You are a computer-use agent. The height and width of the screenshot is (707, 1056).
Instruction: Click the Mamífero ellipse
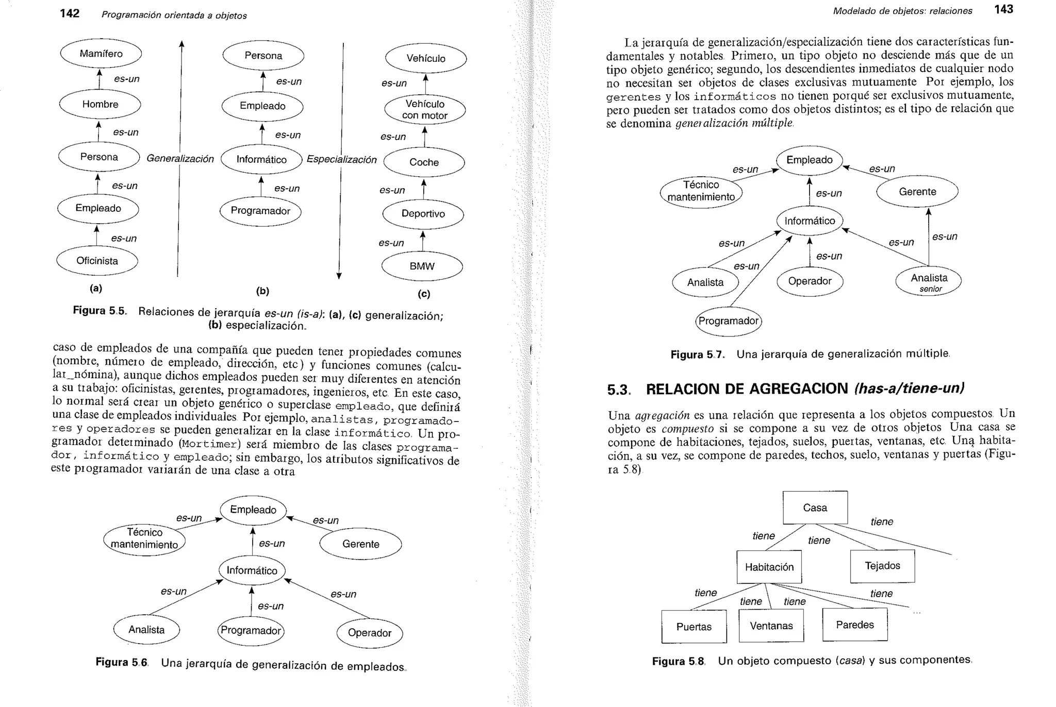click(x=101, y=54)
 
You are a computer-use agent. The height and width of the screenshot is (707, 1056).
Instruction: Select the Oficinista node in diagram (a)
click(x=97, y=261)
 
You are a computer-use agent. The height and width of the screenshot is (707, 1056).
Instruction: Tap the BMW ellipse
click(x=422, y=266)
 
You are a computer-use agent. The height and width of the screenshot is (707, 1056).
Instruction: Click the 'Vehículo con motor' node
click(x=425, y=110)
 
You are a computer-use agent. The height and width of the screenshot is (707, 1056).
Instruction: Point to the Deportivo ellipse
click(x=423, y=214)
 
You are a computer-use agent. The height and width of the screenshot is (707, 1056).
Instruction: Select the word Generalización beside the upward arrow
click(x=180, y=159)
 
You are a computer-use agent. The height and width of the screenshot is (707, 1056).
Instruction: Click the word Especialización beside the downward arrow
click(x=341, y=160)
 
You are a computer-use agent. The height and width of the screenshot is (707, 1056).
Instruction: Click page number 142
click(x=70, y=13)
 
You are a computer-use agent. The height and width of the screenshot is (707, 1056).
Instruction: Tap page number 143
click(x=1003, y=9)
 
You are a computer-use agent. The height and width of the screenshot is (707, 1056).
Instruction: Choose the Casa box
click(x=815, y=508)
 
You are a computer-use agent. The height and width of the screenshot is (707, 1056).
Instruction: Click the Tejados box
click(x=882, y=566)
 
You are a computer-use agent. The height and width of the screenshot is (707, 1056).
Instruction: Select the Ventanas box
click(x=771, y=626)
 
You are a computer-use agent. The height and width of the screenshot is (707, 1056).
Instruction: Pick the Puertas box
click(x=694, y=627)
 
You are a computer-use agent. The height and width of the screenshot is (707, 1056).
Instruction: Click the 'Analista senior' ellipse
click(x=929, y=281)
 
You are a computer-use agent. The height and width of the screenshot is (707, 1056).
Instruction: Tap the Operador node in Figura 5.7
click(x=810, y=281)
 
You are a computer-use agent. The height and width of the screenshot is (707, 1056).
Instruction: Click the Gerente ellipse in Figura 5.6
click(x=360, y=544)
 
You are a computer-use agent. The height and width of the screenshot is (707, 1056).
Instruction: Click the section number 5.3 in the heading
click(x=618, y=390)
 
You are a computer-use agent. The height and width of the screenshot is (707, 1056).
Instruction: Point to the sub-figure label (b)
click(x=262, y=291)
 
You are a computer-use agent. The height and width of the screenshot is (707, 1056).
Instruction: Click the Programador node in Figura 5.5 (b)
click(x=260, y=211)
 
